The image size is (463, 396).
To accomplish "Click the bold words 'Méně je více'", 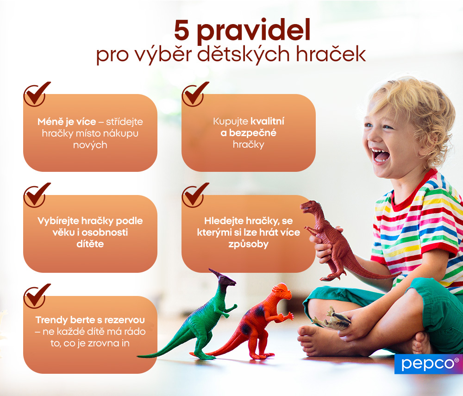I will click(67, 122).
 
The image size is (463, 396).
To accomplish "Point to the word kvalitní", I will click(267, 122).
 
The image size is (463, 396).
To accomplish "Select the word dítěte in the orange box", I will click(90, 244).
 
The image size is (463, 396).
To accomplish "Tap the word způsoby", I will click(248, 244).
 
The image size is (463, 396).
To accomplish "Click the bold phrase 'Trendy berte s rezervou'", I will click(90, 320).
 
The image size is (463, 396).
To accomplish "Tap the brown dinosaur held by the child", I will click(331, 241).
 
